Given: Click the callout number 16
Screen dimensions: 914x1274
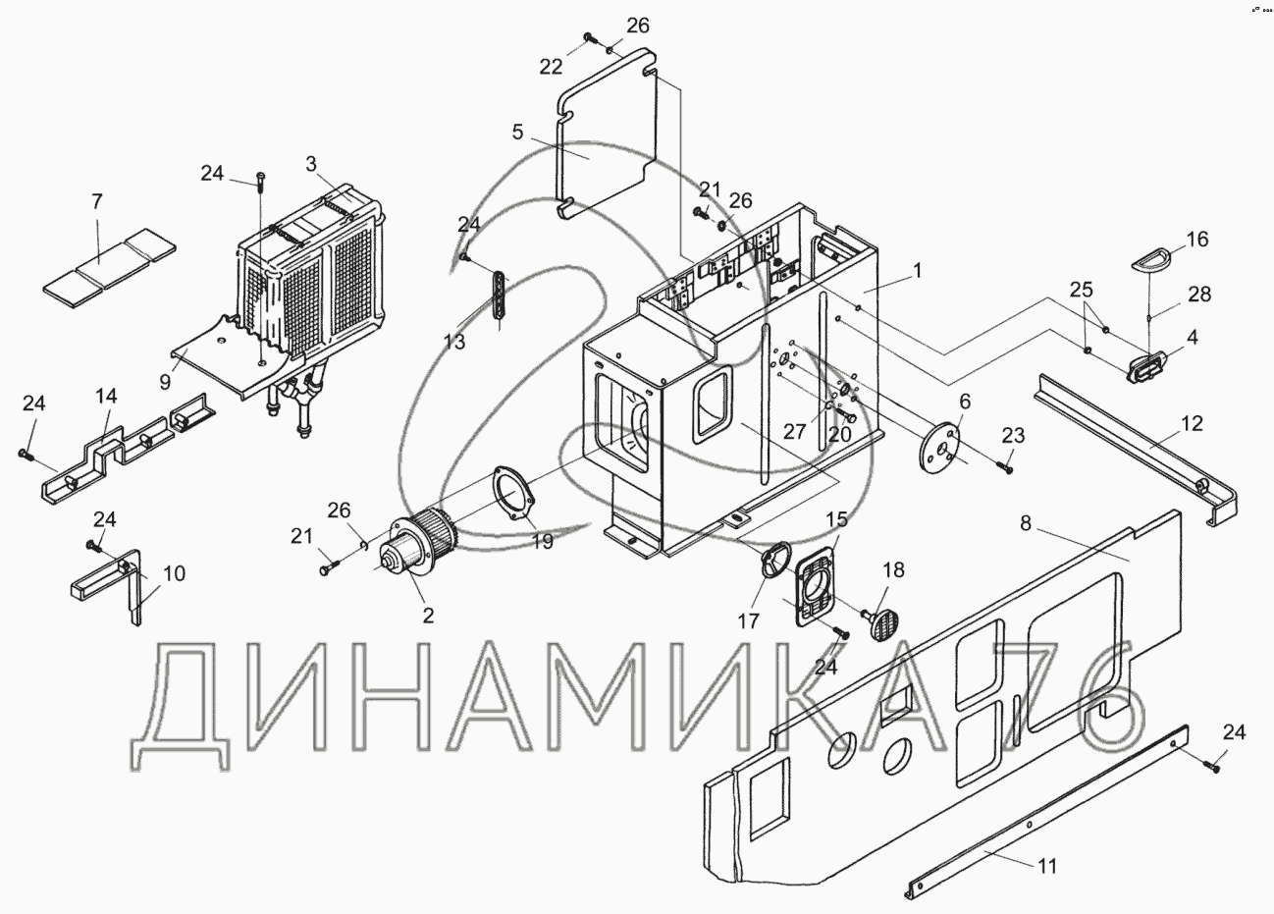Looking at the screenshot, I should [1197, 240].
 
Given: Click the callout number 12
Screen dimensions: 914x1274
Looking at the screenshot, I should [1191, 423].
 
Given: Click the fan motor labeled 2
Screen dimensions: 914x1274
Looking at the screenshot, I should [410, 551].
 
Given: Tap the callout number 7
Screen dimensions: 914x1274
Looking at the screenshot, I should [96, 202].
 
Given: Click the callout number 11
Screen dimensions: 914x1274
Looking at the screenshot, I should [1047, 865].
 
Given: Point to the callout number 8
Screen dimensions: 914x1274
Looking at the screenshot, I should [1026, 523].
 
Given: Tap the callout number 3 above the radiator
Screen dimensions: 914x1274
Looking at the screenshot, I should [311, 164].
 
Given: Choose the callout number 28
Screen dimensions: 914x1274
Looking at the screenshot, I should [1199, 294].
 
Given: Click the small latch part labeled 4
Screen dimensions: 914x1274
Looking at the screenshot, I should [1144, 368].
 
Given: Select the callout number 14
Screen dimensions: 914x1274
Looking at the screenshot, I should [106, 396].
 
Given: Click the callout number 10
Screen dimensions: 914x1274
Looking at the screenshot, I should [173, 573].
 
